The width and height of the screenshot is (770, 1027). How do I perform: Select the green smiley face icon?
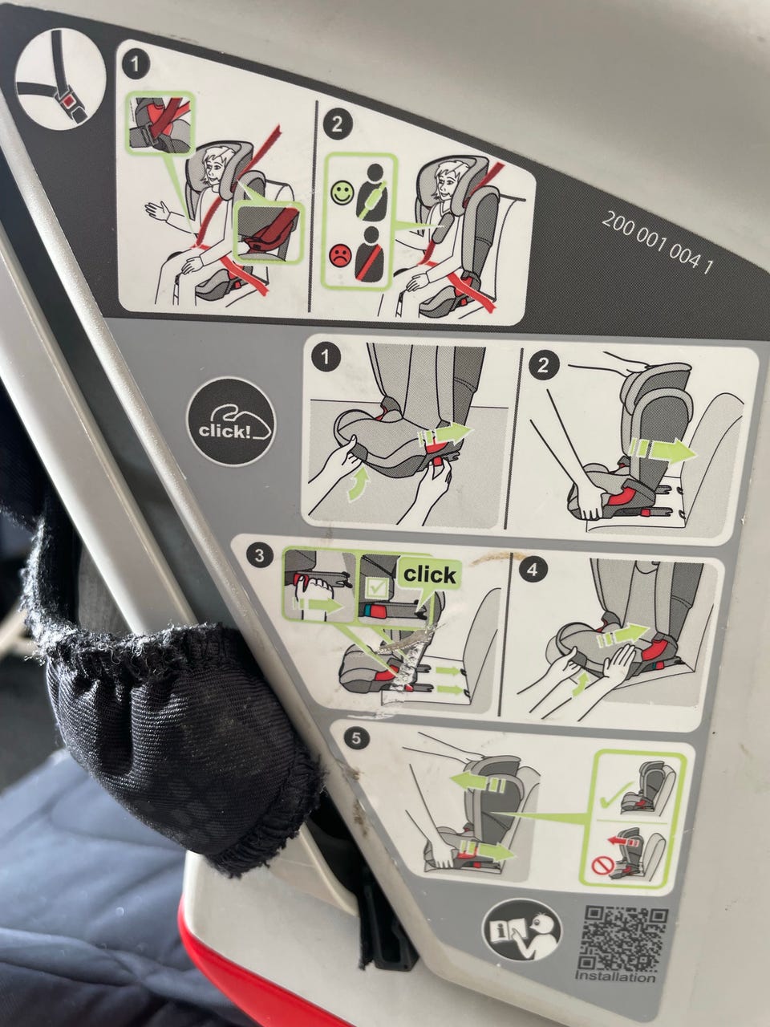342,193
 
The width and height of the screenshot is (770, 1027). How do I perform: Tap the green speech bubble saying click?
429,575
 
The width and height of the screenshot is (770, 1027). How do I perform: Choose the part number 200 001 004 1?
657,242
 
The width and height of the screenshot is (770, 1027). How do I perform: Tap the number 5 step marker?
356,738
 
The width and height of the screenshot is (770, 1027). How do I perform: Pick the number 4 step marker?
533,570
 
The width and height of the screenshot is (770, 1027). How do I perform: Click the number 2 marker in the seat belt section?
337,125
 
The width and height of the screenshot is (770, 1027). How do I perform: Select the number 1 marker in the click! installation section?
326,359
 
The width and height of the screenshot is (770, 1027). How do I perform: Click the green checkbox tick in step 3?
375,587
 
